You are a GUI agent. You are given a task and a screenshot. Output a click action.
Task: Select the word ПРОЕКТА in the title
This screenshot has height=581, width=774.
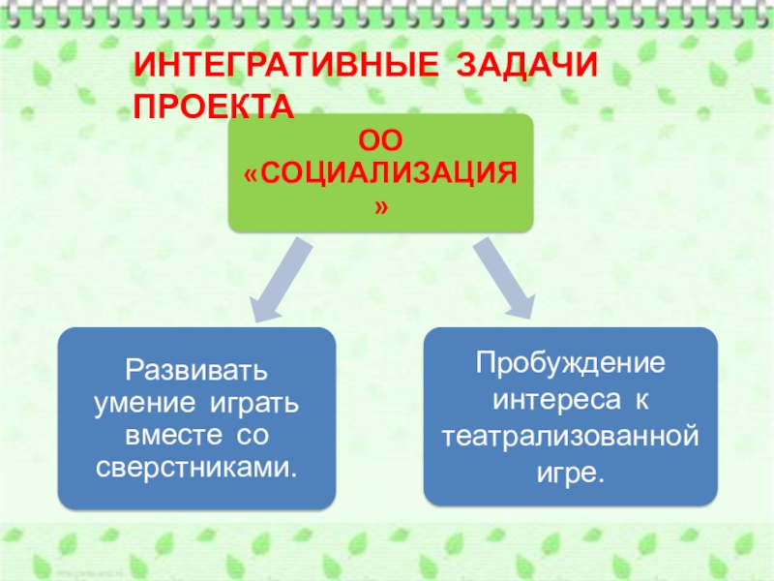(x=213, y=106)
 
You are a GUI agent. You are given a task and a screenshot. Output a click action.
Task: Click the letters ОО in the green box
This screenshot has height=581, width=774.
(x=380, y=142)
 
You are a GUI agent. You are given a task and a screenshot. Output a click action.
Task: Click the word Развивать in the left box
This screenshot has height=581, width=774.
(x=196, y=370)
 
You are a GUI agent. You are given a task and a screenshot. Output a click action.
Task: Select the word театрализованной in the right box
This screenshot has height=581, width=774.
(x=571, y=436)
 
